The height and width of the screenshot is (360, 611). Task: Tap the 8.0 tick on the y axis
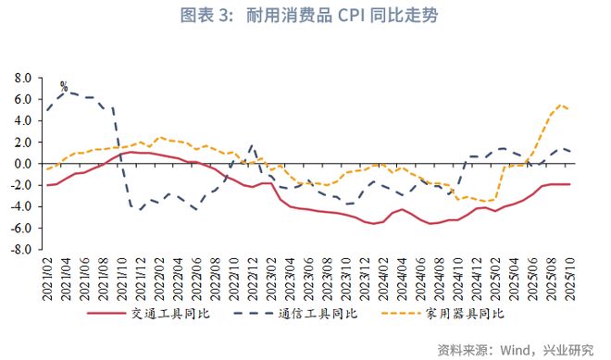tap(24, 78)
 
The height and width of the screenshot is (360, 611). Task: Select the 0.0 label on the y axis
tap(24, 164)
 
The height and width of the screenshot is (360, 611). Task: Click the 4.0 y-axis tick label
tap(24, 120)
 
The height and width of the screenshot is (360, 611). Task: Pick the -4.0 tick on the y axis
tap(22, 206)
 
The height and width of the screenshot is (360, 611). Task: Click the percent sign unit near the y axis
tap(64, 86)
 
